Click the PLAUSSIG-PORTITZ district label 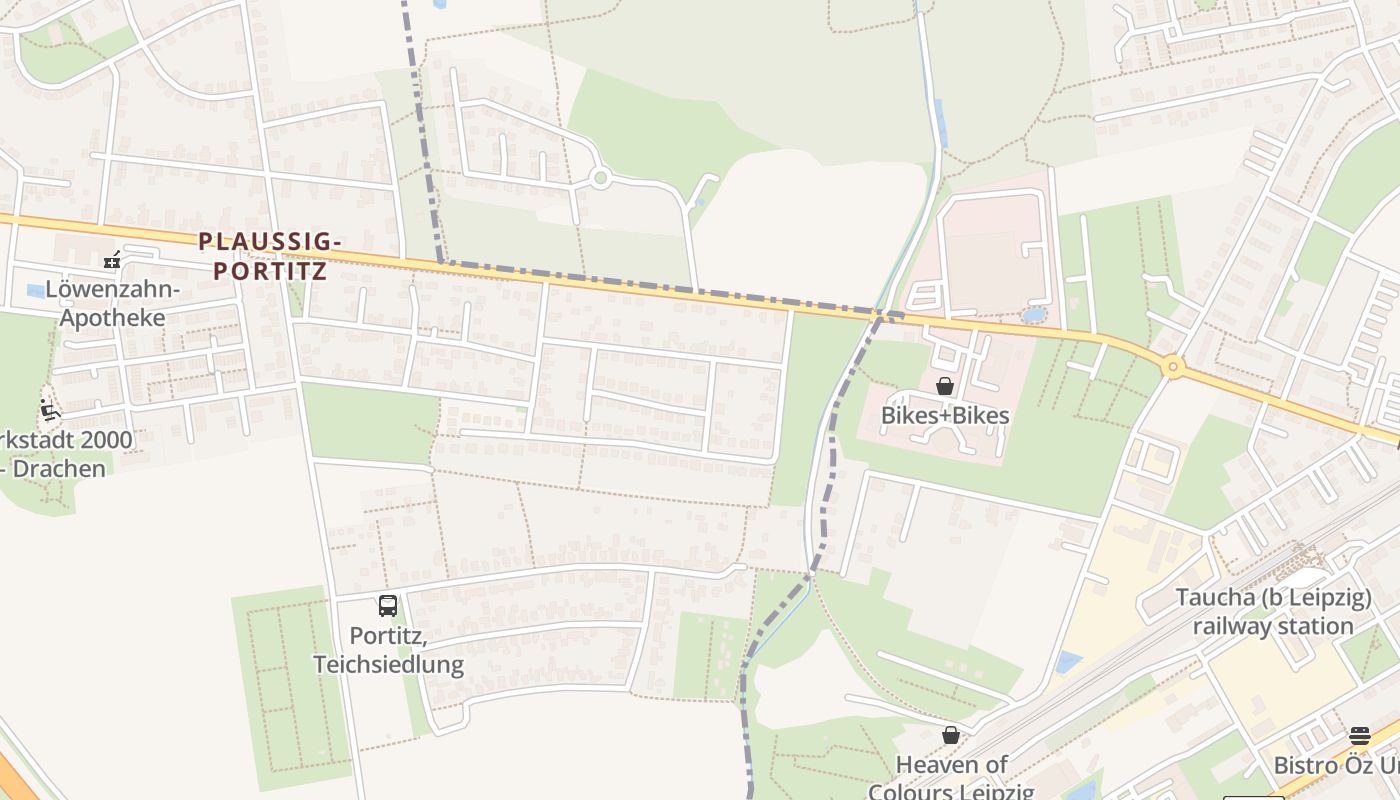point(270,256)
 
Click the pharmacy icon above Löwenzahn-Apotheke point(112,261)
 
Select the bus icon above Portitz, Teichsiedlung point(388,605)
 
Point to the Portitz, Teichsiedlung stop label point(388,649)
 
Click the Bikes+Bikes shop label point(945,415)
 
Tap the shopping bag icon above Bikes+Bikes point(945,386)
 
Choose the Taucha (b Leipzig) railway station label point(1272,612)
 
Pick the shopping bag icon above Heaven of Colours point(951,735)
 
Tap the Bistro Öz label point(1335,765)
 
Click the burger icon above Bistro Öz point(1359,735)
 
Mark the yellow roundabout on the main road point(1173,368)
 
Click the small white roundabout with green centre point(600,178)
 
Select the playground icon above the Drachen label point(49,410)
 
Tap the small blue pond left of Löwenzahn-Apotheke point(36,291)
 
